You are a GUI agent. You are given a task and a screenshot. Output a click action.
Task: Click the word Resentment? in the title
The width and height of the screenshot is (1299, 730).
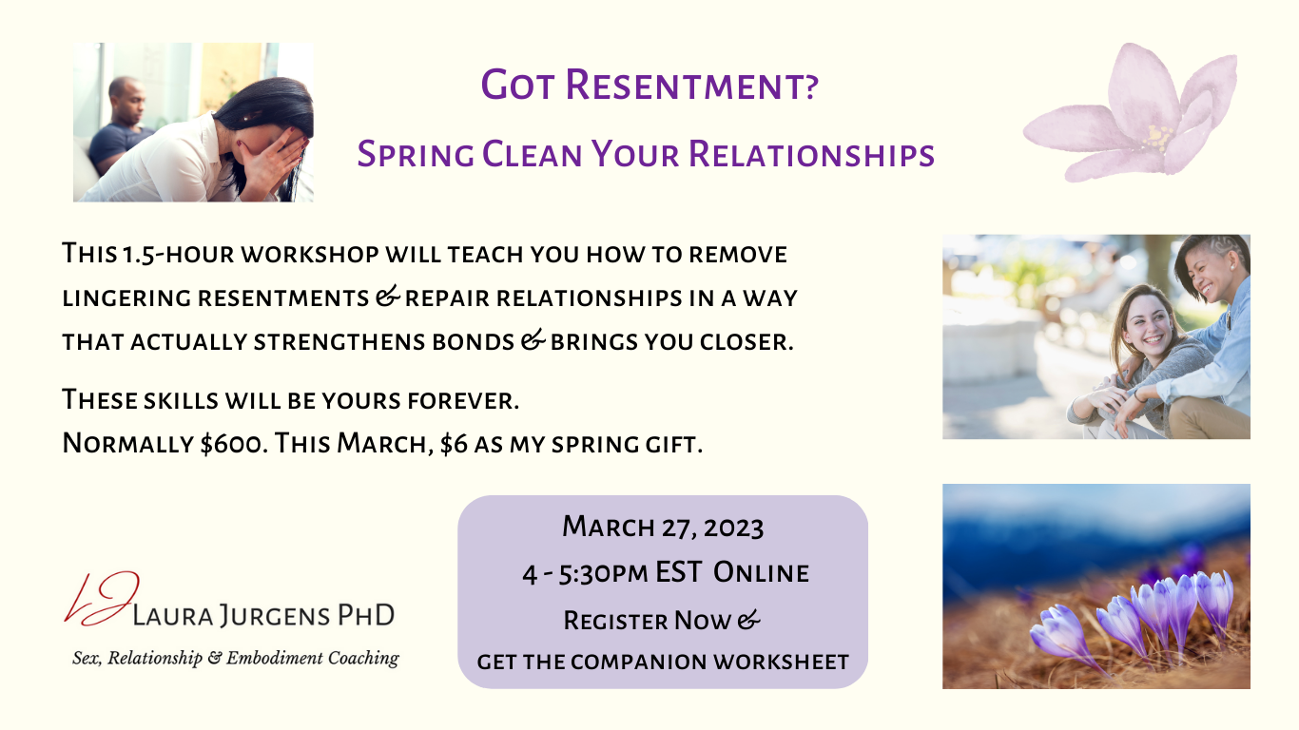click(691, 86)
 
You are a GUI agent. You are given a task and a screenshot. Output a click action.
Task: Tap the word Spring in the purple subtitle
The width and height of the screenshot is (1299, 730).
click(416, 155)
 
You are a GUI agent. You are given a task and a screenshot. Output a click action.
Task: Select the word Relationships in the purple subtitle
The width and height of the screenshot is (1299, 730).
click(811, 154)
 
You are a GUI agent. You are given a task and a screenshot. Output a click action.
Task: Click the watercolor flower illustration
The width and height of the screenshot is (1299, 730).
click(1130, 112)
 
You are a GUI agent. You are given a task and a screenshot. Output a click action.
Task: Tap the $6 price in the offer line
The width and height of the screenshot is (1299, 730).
click(454, 444)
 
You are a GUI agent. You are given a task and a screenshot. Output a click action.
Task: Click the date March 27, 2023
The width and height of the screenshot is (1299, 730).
click(663, 527)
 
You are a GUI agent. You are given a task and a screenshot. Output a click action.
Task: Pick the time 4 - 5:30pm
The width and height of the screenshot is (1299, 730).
click(585, 573)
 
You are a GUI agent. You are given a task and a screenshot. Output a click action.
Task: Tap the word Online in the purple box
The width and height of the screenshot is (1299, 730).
click(761, 573)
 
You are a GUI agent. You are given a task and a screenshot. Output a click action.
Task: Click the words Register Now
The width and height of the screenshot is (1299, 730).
click(648, 621)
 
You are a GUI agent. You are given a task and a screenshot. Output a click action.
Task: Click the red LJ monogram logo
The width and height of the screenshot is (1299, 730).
click(102, 599)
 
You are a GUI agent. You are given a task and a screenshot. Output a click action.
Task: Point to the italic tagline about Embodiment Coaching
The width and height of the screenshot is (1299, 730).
click(236, 658)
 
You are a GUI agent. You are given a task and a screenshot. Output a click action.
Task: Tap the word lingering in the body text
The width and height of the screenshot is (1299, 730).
click(126, 299)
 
